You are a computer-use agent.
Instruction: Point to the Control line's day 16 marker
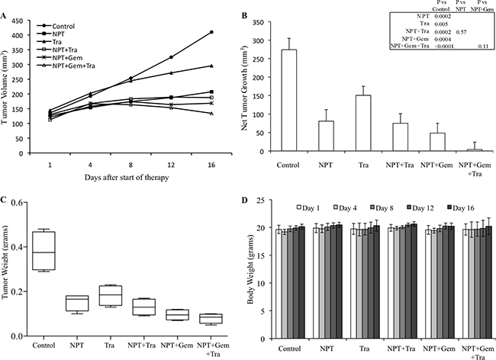click(211, 32)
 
